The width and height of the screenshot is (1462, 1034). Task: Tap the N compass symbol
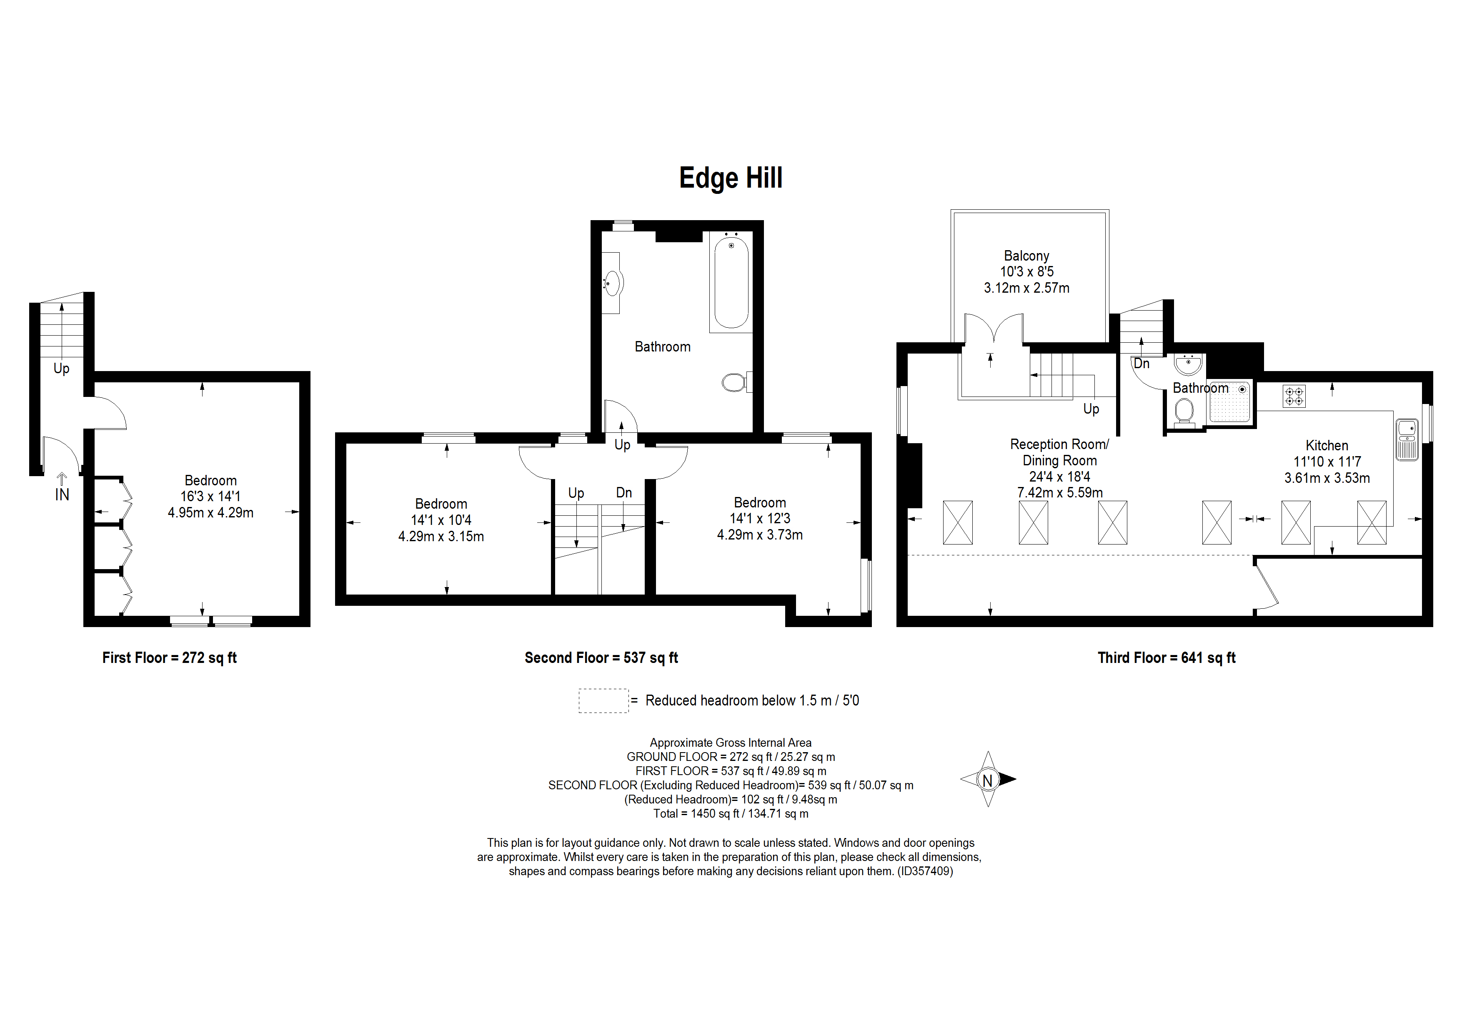988,779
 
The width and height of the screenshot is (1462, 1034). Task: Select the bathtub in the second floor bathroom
731,281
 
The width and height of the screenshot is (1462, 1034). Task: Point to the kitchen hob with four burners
1294,396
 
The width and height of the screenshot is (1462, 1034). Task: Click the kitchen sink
1407,439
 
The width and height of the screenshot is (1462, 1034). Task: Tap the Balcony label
1026,256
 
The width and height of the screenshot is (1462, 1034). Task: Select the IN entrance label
62,494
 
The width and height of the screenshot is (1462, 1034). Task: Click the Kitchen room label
1327,445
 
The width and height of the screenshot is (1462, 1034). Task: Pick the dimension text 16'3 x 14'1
210,496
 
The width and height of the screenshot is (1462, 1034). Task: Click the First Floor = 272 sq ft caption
169,658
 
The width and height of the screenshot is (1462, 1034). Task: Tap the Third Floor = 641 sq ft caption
1167,658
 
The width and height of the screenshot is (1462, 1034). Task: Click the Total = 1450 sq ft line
730,813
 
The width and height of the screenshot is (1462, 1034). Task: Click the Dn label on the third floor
1141,364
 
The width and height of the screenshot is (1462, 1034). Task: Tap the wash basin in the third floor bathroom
1188,364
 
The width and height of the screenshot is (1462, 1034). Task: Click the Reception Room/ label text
1059,444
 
